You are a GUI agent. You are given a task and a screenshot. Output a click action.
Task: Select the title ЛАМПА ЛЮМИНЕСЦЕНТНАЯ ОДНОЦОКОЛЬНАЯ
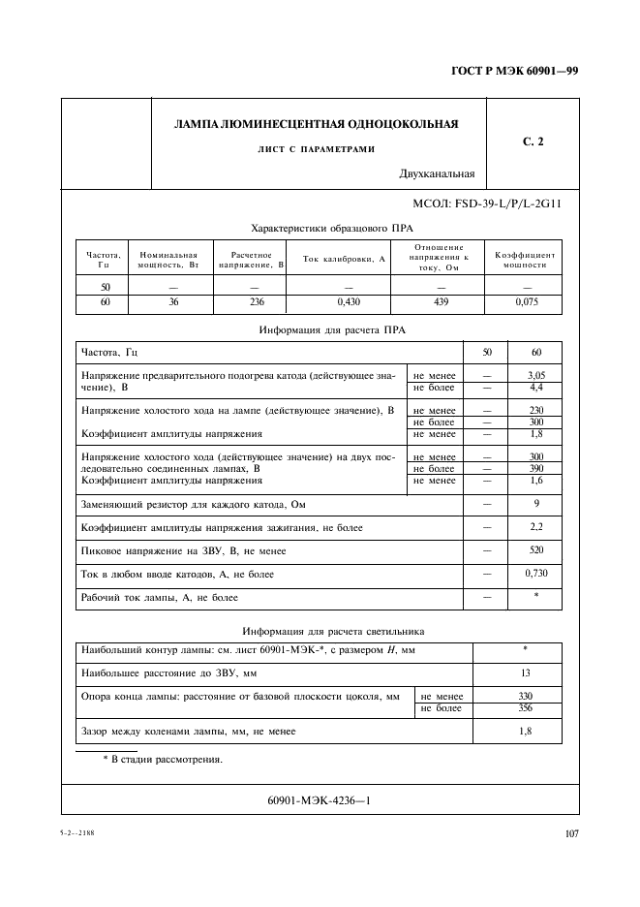316,124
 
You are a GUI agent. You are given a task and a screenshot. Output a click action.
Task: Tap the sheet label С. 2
533,142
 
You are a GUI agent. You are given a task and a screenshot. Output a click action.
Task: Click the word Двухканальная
437,174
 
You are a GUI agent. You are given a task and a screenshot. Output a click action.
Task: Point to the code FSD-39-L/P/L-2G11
488,204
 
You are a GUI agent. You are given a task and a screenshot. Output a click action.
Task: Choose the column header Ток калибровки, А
344,259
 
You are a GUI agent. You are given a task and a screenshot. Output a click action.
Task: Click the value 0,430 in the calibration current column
344,302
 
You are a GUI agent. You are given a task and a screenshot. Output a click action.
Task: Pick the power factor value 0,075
527,302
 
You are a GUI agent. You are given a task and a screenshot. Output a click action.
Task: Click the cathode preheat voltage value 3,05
535,374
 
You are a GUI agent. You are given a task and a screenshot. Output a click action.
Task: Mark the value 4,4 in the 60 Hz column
535,387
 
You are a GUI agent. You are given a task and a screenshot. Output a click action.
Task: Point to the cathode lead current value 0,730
535,574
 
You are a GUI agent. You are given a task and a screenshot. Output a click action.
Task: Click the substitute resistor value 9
535,504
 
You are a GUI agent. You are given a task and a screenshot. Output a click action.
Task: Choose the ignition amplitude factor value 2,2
535,527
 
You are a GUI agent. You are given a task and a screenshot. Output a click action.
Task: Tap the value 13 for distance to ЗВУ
524,673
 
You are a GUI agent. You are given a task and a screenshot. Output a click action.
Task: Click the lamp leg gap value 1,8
524,731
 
